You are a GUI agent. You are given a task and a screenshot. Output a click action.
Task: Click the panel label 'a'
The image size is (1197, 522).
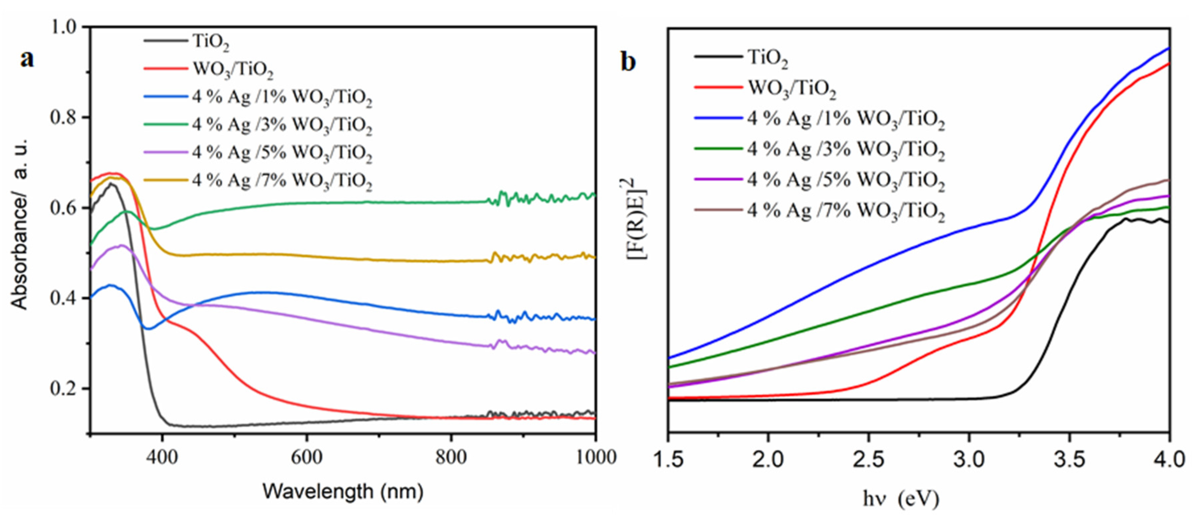pyautogui.click(x=27, y=59)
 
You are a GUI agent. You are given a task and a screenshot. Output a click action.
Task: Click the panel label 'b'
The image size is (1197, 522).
pyautogui.click(x=628, y=62)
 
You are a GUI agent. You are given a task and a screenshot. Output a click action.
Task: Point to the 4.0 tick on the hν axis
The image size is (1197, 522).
pyautogui.click(x=1169, y=460)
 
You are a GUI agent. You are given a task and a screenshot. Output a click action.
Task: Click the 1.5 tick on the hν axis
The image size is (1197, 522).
pyautogui.click(x=668, y=460)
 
